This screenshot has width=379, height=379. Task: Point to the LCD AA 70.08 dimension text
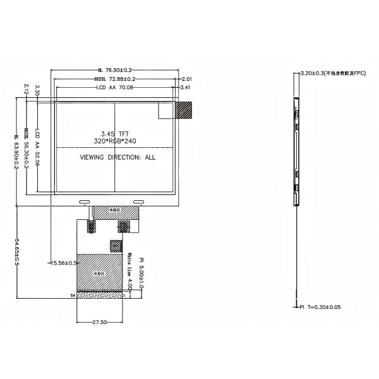(x=115, y=88)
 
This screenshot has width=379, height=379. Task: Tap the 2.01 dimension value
(x=186, y=79)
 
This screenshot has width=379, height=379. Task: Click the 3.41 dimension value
(x=186, y=88)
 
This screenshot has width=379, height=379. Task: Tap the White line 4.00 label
(x=129, y=272)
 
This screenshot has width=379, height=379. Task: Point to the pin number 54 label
(x=73, y=295)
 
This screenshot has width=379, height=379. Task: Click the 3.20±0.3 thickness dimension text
(x=334, y=74)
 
